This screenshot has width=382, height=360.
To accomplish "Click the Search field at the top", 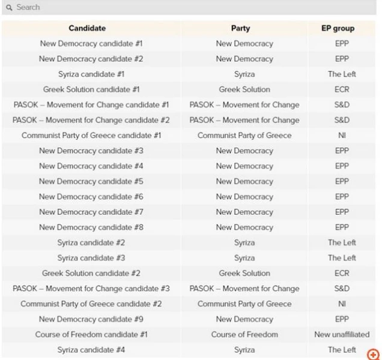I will (180, 7).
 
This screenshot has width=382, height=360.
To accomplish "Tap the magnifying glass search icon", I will (9, 7).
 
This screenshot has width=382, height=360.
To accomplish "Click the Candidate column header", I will (87, 28).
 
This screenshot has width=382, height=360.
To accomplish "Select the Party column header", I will (240, 28).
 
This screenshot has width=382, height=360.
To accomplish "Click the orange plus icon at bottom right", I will (373, 355).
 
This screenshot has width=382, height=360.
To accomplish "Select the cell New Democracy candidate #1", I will (91, 44).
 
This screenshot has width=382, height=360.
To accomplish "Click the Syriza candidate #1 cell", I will (91, 74).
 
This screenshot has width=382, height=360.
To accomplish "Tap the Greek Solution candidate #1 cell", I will (91, 89).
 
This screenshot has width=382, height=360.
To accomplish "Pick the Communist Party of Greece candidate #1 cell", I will (91, 136).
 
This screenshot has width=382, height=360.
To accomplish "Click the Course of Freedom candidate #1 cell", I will (91, 334).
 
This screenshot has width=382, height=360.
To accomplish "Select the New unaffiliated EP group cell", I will (342, 334).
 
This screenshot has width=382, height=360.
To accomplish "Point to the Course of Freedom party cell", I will (244, 334).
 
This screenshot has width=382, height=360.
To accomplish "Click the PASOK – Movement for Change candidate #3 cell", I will (91, 289).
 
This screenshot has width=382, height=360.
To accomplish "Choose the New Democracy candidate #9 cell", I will (91, 319).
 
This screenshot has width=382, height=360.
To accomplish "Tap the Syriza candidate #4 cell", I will (91, 350).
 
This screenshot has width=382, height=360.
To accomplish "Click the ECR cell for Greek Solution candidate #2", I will (342, 273).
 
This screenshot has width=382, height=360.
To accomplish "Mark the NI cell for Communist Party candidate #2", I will (342, 304).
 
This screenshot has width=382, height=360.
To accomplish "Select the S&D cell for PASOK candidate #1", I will (342, 105).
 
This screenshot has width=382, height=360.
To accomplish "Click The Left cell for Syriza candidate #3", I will (342, 258).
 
